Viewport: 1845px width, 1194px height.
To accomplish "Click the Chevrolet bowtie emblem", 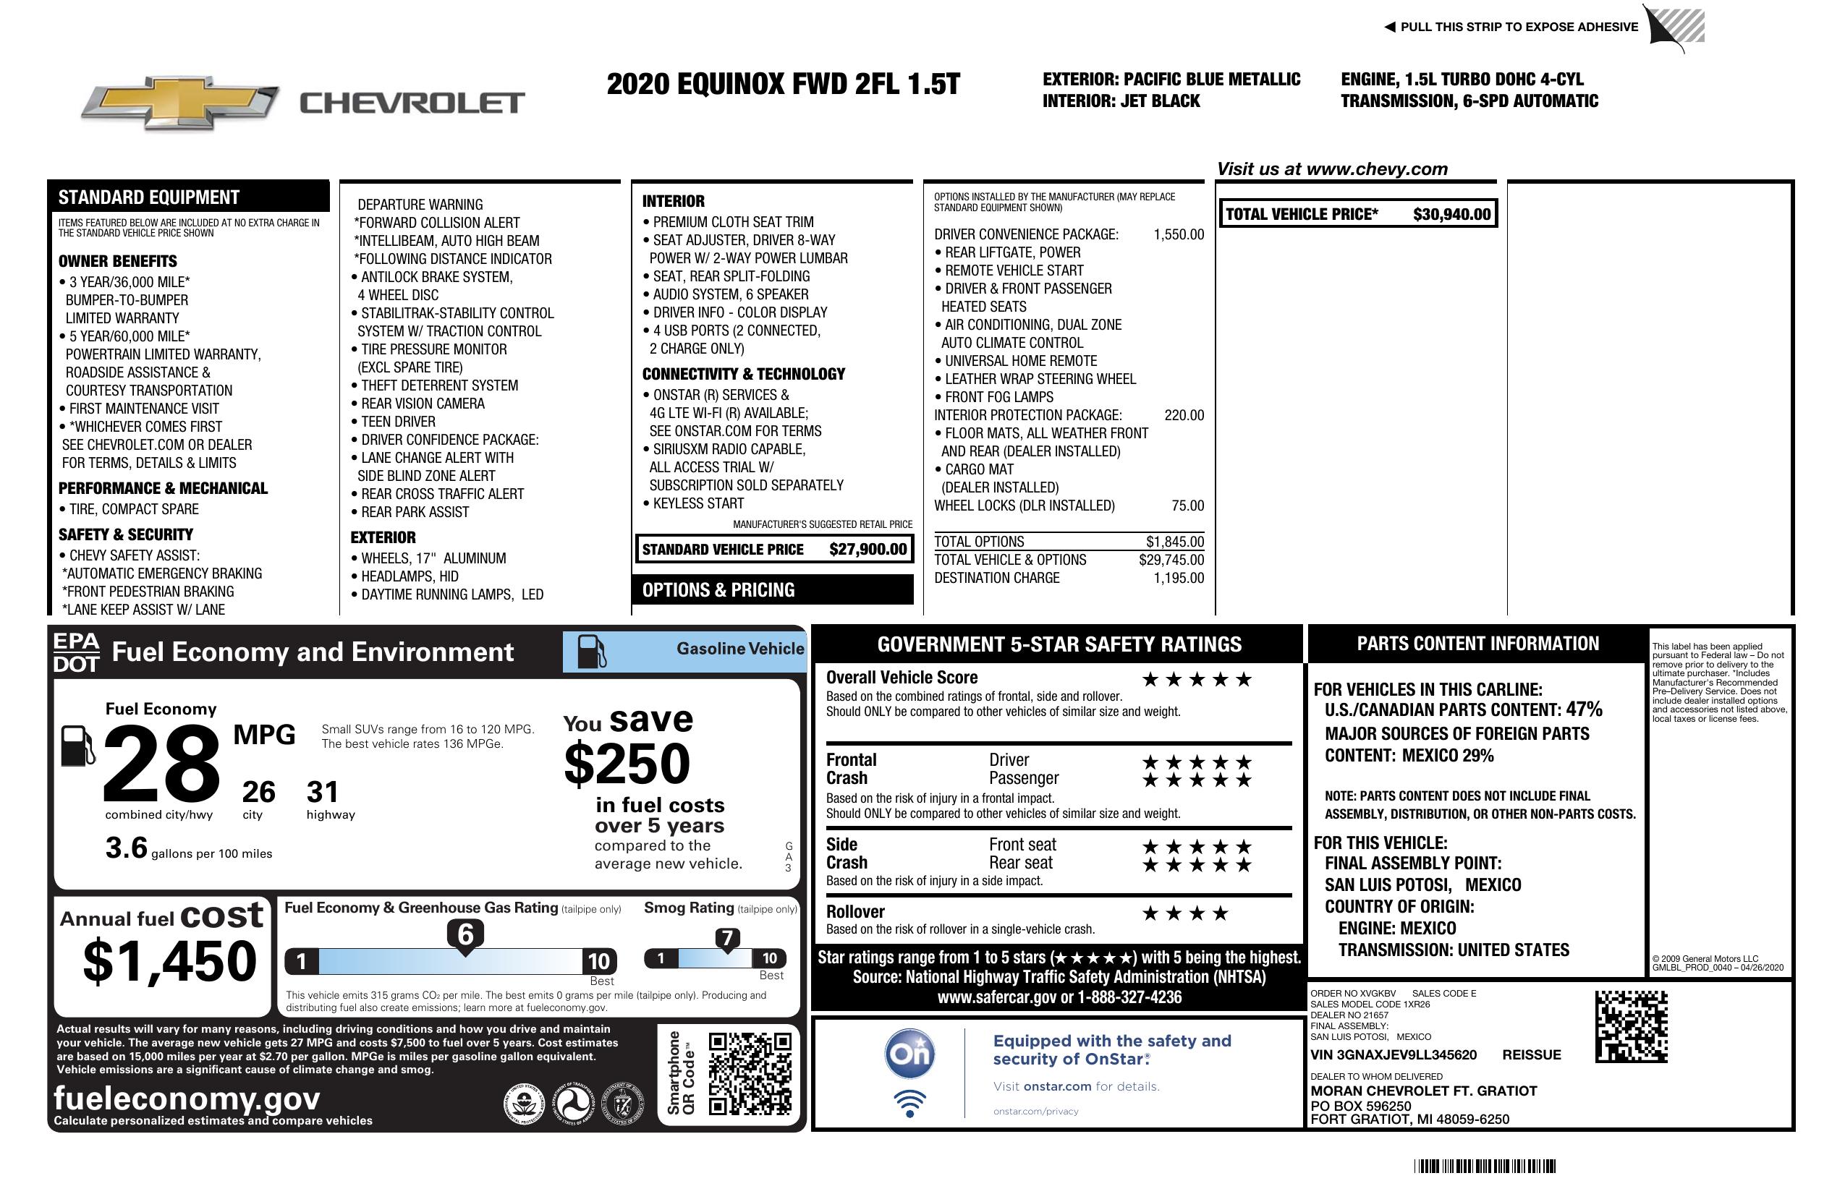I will click(x=180, y=102).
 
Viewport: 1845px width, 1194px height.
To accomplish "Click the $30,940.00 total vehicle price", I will click(x=1451, y=215).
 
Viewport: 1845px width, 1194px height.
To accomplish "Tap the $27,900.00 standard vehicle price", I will click(x=868, y=550).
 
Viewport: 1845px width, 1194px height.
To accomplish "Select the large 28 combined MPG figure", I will click(x=161, y=763).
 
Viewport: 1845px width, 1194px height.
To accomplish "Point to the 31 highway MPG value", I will click(x=323, y=792).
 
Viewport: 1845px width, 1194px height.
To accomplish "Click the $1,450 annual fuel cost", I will click(x=170, y=962).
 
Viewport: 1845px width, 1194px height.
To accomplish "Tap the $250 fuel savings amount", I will click(x=627, y=764).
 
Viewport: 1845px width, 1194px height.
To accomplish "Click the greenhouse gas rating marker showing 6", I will click(x=465, y=935).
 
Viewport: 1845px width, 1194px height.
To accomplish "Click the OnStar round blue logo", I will click(x=909, y=1054).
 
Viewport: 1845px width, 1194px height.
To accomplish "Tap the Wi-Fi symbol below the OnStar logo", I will click(x=909, y=1103).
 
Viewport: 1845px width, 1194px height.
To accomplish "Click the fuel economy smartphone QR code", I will click(x=750, y=1073).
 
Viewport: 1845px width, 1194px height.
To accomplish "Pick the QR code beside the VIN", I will click(x=1631, y=1026).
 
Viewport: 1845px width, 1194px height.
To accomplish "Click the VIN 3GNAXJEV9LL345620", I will click(x=1393, y=1054).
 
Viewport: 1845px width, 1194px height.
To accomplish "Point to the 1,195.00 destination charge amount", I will click(x=1179, y=578).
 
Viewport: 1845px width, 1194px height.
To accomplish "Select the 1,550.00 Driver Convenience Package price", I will click(x=1179, y=235).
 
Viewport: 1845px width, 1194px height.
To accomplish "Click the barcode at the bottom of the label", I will click(x=1484, y=1166).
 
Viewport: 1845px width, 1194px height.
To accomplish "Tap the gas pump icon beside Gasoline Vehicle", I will click(x=593, y=652).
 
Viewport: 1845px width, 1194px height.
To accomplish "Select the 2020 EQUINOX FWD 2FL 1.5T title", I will click(x=783, y=84).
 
